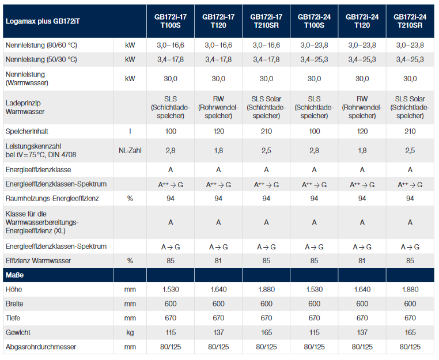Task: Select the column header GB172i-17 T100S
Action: click(171, 21)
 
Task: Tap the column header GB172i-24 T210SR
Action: click(410, 21)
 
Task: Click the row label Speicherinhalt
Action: click(27, 131)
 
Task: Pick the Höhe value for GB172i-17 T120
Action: click(218, 289)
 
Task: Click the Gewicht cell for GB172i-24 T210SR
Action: click(410, 332)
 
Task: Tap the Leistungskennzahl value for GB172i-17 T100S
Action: click(171, 150)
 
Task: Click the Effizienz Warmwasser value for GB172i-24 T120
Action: click(362, 260)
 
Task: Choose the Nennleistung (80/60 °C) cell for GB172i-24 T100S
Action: click(314, 45)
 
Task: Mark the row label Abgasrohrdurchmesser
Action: click(41, 347)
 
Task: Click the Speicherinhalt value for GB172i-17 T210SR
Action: click(266, 131)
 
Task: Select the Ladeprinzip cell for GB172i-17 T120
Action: click(218, 107)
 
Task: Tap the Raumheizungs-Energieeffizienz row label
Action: click(52, 198)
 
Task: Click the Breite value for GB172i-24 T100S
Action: click(314, 304)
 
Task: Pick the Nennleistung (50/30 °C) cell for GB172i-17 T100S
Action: click(171, 59)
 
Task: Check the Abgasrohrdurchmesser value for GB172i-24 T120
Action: click(362, 347)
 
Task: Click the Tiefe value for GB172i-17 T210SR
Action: click(266, 318)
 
